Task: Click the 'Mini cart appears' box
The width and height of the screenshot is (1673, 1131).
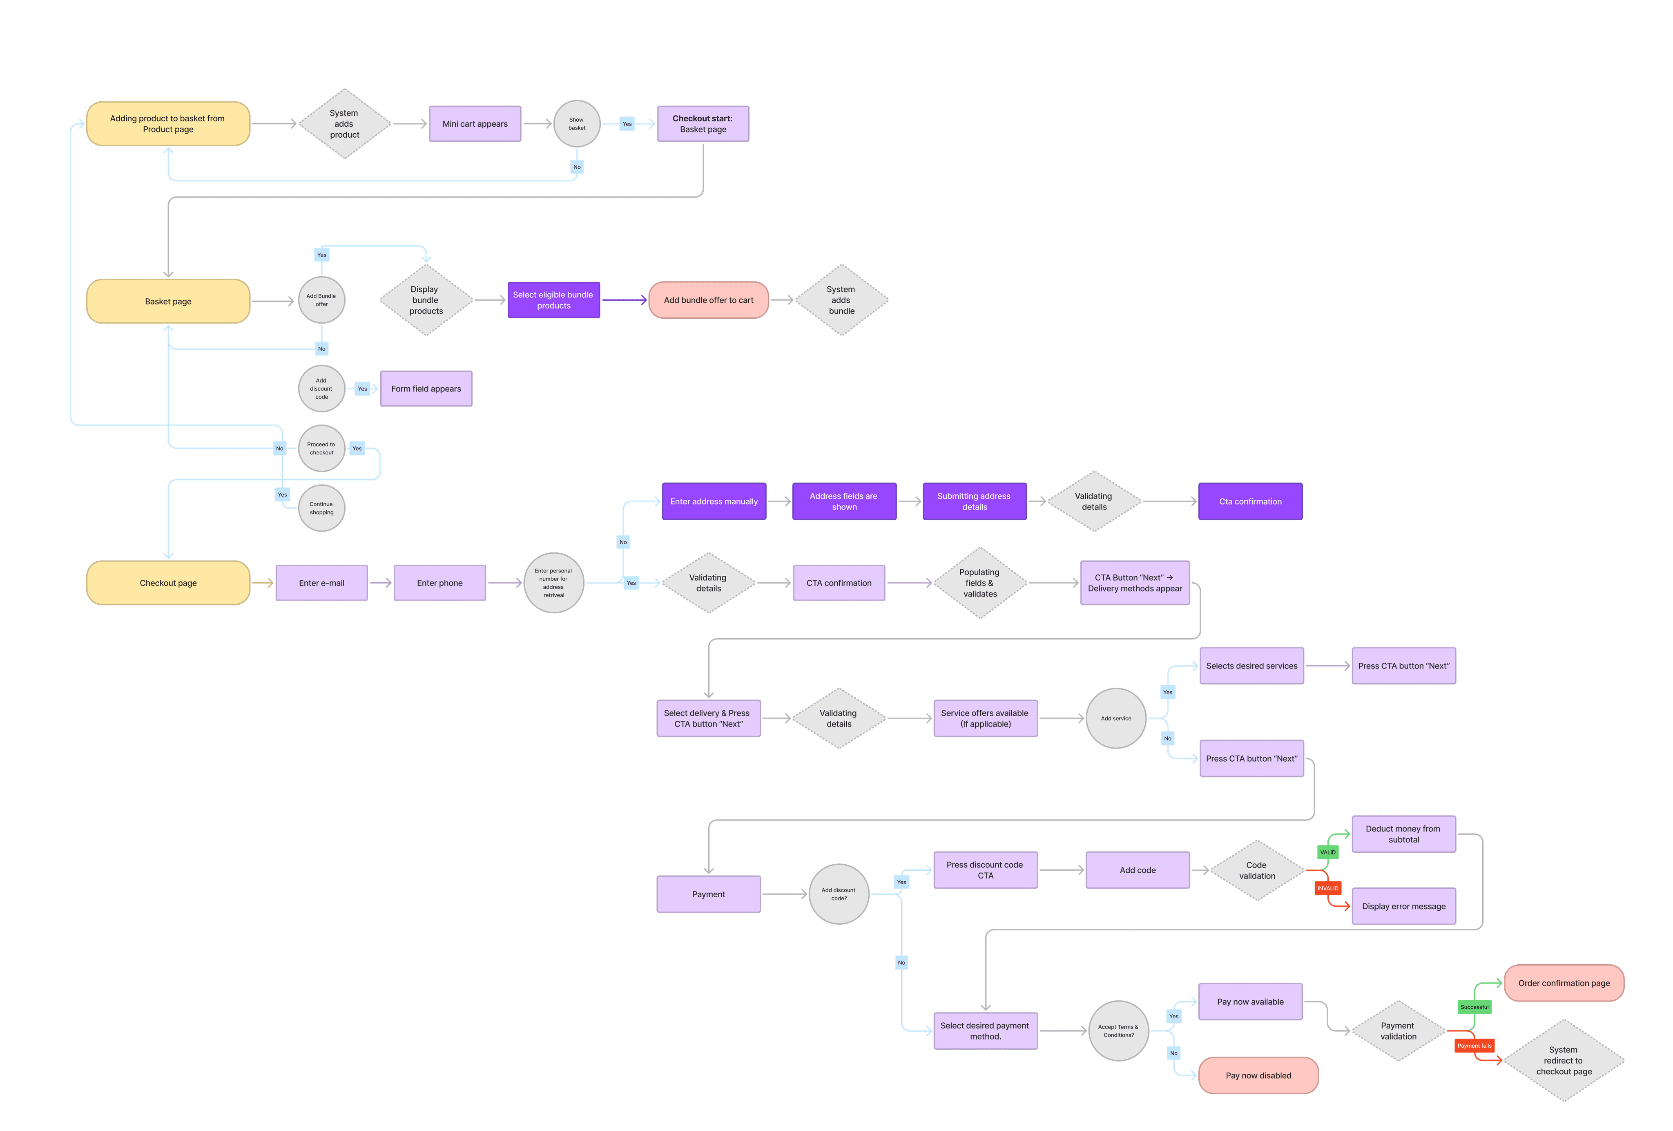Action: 475,124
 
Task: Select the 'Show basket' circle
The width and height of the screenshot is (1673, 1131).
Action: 577,124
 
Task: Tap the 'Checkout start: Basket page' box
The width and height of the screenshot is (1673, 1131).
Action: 703,124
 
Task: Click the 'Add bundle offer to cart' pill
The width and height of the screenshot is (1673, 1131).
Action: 708,300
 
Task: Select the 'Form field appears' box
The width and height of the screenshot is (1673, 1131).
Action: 426,389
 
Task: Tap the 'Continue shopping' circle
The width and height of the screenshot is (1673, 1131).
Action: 322,508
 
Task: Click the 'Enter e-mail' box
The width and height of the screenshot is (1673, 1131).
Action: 322,583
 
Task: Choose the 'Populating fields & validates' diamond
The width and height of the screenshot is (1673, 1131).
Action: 980,583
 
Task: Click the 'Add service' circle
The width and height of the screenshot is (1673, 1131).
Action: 1116,718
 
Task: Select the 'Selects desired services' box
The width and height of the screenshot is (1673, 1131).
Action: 1252,666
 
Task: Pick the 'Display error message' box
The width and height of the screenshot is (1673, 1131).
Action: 1404,906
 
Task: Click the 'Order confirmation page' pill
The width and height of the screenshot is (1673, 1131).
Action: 1564,983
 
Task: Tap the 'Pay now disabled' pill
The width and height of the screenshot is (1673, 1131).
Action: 1258,1075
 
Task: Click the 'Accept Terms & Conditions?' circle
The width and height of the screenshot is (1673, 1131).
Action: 1119,1031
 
